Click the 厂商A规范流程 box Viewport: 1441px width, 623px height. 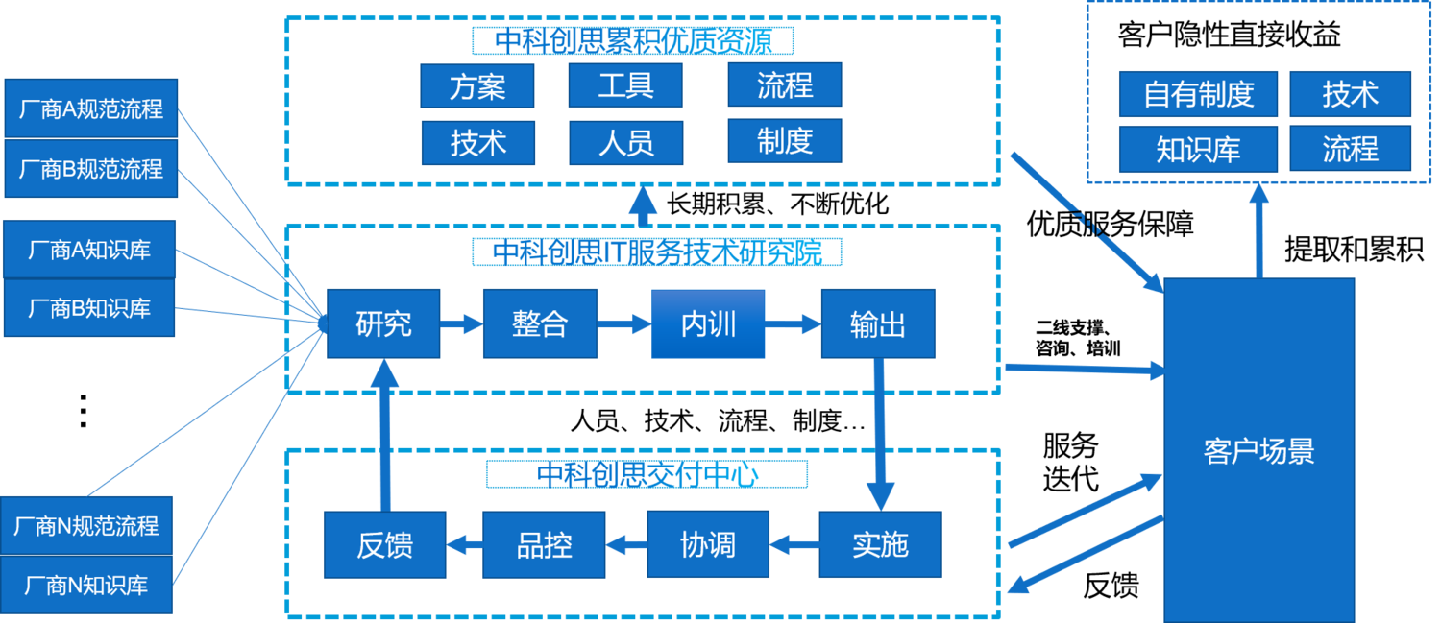[x=91, y=109]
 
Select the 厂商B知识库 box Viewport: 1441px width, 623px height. [x=89, y=308]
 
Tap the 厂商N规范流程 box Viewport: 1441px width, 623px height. [x=86, y=526]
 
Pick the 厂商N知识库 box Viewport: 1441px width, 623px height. [x=86, y=585]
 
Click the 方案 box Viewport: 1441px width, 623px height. [x=476, y=86]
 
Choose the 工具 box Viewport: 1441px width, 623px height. [x=625, y=86]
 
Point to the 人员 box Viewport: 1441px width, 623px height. [x=625, y=143]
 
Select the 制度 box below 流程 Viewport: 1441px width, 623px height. [x=784, y=141]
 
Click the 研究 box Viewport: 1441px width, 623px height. [x=383, y=323]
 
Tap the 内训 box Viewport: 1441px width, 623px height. [x=708, y=323]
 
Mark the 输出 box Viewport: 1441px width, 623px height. [x=877, y=323]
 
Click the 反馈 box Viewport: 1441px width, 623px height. [x=384, y=544]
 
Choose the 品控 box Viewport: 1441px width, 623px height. [x=544, y=544]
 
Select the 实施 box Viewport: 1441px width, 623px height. [x=880, y=544]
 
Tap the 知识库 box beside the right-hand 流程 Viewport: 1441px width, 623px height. [x=1199, y=149]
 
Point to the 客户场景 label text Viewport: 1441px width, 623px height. [x=1258, y=451]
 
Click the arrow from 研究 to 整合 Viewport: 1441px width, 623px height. [x=461, y=324]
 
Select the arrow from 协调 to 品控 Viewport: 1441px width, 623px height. [x=626, y=545]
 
